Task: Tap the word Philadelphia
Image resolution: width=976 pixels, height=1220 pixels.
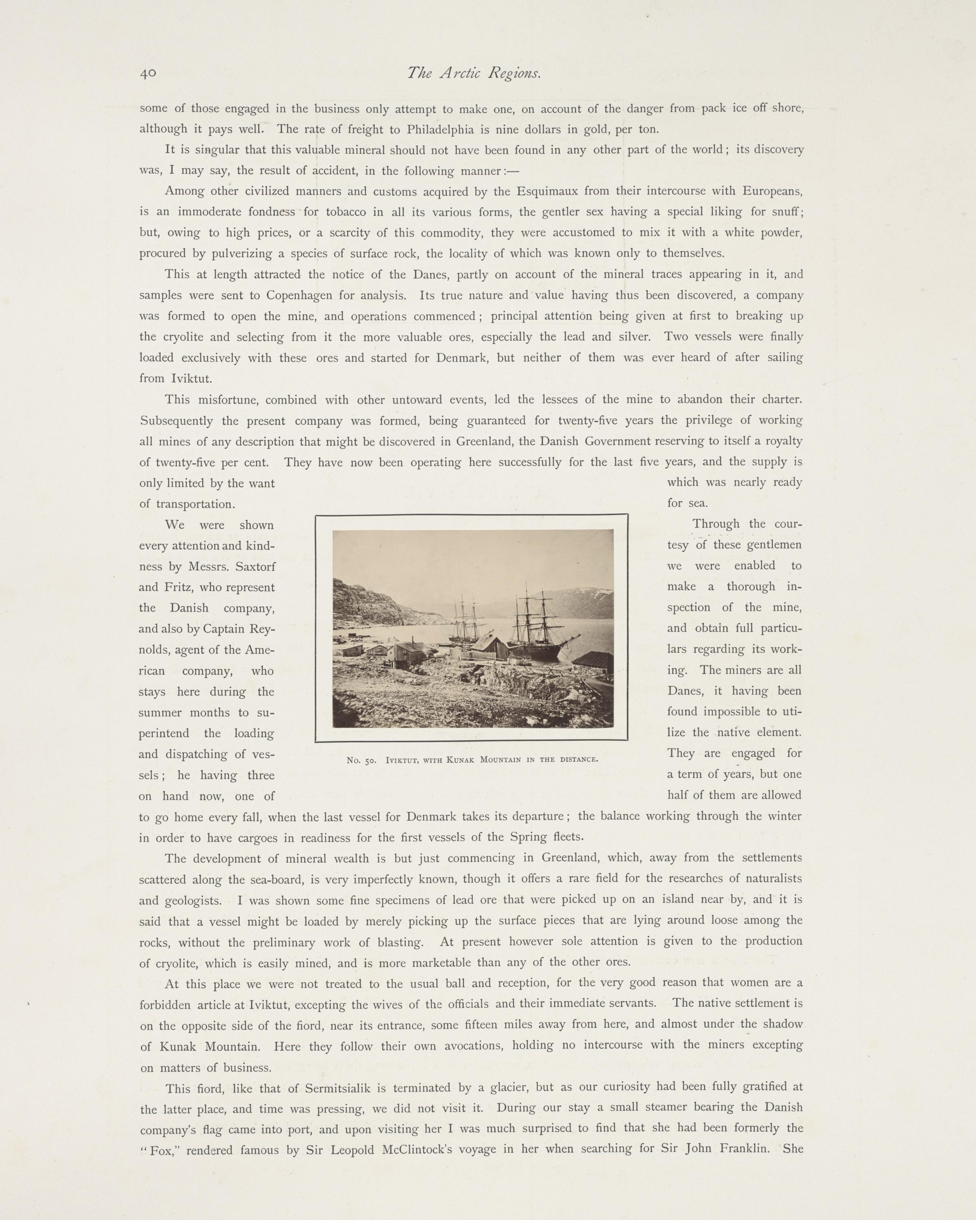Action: pos(437,129)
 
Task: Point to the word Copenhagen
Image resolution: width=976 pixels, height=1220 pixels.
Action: pos(299,295)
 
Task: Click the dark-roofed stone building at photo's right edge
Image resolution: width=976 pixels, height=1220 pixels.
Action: pos(595,662)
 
